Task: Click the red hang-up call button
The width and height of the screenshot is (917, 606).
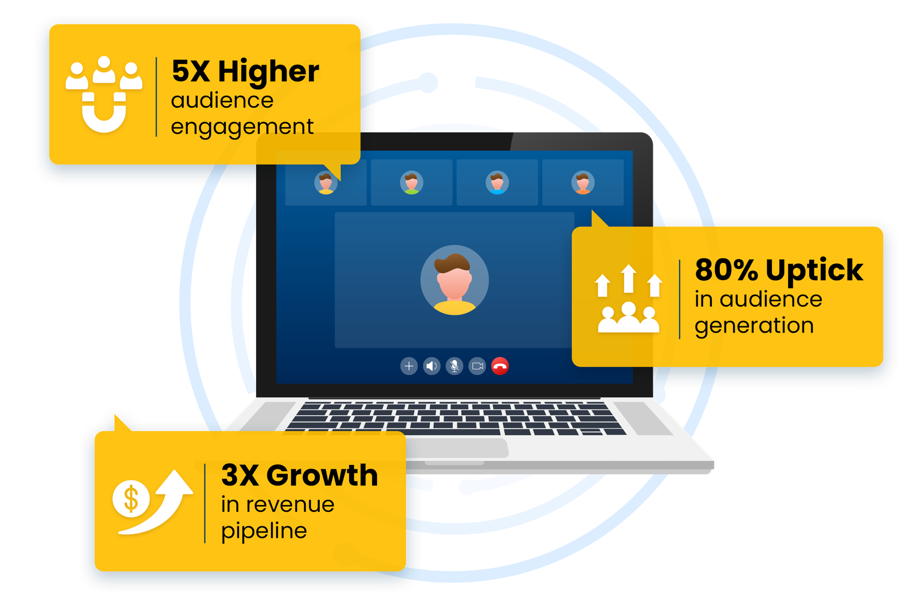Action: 500,366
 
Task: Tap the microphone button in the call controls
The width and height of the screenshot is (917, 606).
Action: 454,366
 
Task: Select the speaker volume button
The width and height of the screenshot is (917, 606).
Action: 432,366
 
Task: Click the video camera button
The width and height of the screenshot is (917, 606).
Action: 477,366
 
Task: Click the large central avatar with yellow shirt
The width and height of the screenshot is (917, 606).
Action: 454,281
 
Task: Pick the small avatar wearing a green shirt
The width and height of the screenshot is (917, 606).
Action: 412,183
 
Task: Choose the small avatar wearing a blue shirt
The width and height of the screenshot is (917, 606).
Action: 497,183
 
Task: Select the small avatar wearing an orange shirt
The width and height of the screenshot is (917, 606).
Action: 583,183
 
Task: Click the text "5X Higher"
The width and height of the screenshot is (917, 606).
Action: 245,72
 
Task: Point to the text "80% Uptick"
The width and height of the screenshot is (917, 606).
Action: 778,270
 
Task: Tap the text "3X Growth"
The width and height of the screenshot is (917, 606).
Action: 299,475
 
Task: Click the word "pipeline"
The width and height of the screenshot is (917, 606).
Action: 264,531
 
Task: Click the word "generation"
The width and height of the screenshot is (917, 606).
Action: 754,326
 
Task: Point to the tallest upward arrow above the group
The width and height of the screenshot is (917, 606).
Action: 629,277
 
